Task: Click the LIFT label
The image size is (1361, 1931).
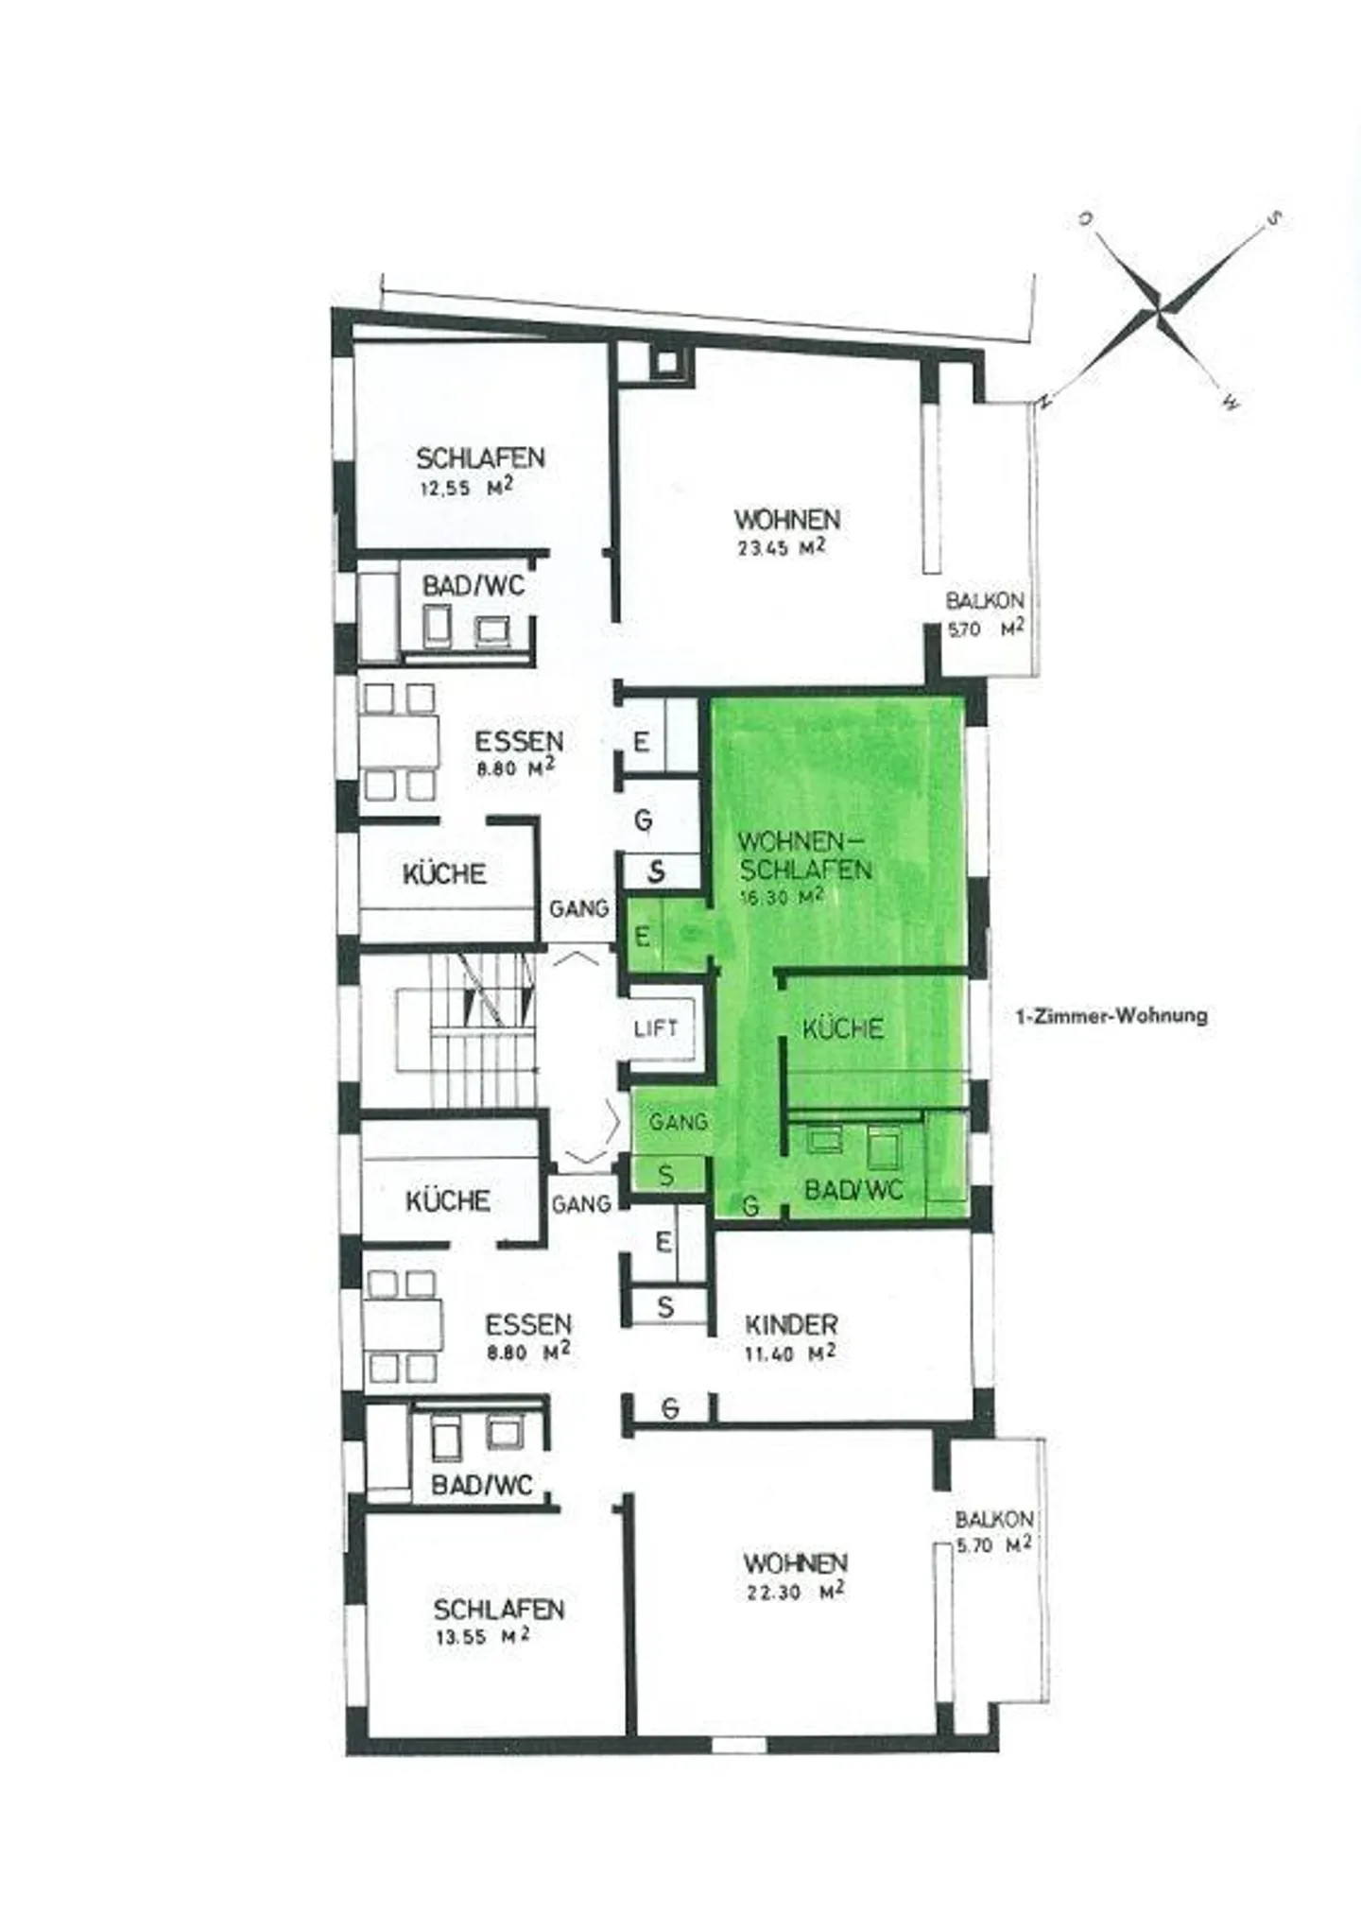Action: [x=656, y=1028]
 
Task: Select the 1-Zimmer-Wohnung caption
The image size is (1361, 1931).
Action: [x=1111, y=1017]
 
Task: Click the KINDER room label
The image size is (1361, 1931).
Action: [x=791, y=1324]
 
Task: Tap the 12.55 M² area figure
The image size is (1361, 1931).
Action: [x=466, y=489]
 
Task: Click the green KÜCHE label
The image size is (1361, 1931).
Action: [x=843, y=1028]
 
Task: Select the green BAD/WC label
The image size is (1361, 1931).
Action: [x=853, y=1190]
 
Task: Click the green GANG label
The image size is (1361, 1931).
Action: [x=679, y=1122]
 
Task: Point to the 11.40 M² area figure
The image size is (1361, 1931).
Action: [x=789, y=1353]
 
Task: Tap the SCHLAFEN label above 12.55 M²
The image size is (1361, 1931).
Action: [x=480, y=458]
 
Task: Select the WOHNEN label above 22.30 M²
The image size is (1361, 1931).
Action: [x=795, y=1562]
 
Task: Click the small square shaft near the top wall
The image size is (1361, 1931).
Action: [x=667, y=361]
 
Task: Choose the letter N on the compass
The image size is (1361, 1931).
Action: [x=1044, y=401]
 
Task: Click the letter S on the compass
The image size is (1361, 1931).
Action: [x=1273, y=219]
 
